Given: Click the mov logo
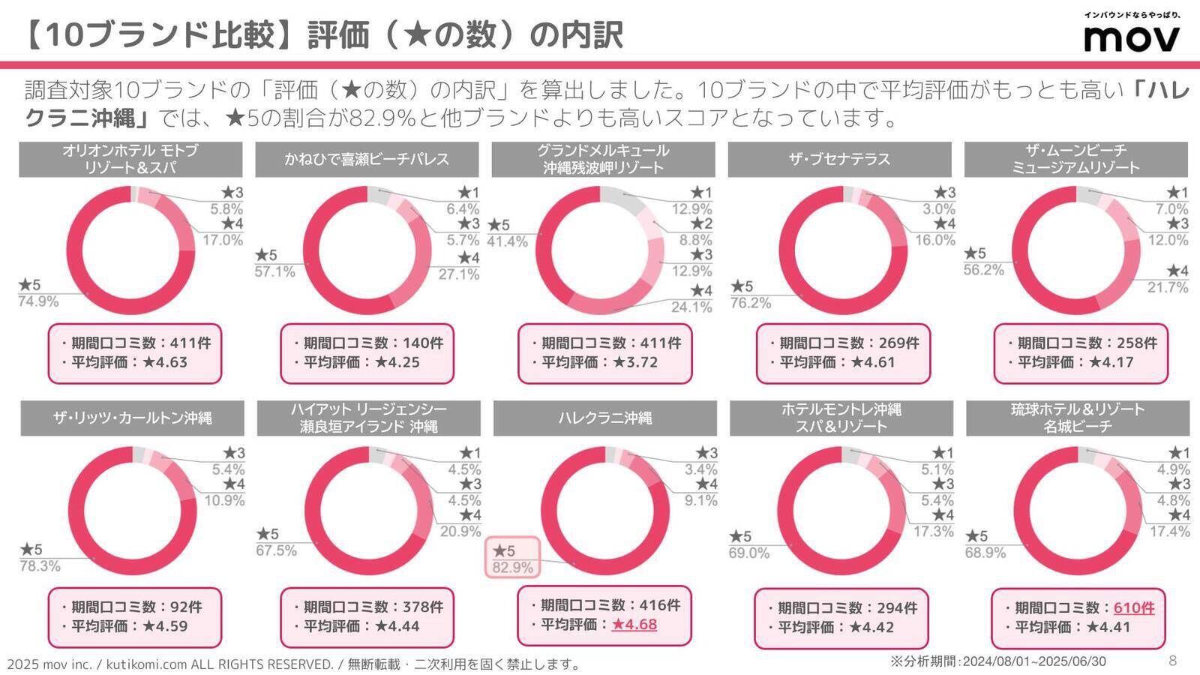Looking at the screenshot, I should tap(1132, 38).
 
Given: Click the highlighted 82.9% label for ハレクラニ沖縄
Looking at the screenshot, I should tap(512, 568).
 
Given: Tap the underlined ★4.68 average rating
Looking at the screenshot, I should tap(634, 624).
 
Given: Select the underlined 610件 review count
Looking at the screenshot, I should tap(1133, 607).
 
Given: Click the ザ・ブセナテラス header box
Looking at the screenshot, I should tap(839, 159).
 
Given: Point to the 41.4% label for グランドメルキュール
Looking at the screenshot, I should tap(507, 241).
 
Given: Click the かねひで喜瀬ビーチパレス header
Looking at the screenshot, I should tap(367, 159).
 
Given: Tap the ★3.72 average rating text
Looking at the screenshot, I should tap(635, 362).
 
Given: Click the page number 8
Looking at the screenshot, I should tap(1173, 661).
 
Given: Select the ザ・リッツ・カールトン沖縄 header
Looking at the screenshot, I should tap(132, 418).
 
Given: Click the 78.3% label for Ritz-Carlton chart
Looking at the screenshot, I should tap(40, 566).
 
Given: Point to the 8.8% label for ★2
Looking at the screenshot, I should tap(695, 240).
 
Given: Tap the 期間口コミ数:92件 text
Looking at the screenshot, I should tap(131, 607).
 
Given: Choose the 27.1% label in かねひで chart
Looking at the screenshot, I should tap(459, 274).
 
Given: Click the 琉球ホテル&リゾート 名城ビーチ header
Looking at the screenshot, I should tap(1077, 418).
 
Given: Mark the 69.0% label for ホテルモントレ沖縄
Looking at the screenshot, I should tap(748, 553).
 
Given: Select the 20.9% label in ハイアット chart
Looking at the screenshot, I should tap(460, 531).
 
